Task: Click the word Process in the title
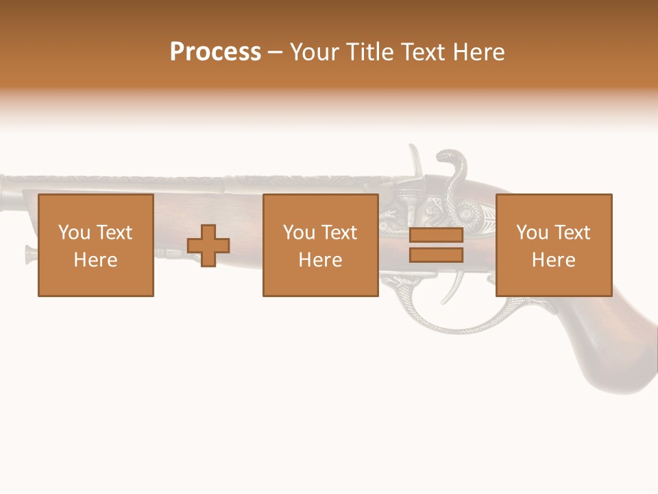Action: (x=215, y=52)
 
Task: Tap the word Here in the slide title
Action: (x=476, y=52)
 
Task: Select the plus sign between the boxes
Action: (x=208, y=246)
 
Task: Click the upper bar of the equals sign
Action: (x=436, y=235)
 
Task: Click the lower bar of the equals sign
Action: (x=436, y=255)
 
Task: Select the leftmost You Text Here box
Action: (x=96, y=245)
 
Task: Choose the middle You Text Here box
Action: (x=320, y=245)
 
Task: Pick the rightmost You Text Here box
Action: (x=554, y=245)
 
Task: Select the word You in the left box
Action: (x=73, y=233)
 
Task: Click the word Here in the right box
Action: (x=554, y=260)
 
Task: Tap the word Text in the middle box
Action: (x=340, y=233)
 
